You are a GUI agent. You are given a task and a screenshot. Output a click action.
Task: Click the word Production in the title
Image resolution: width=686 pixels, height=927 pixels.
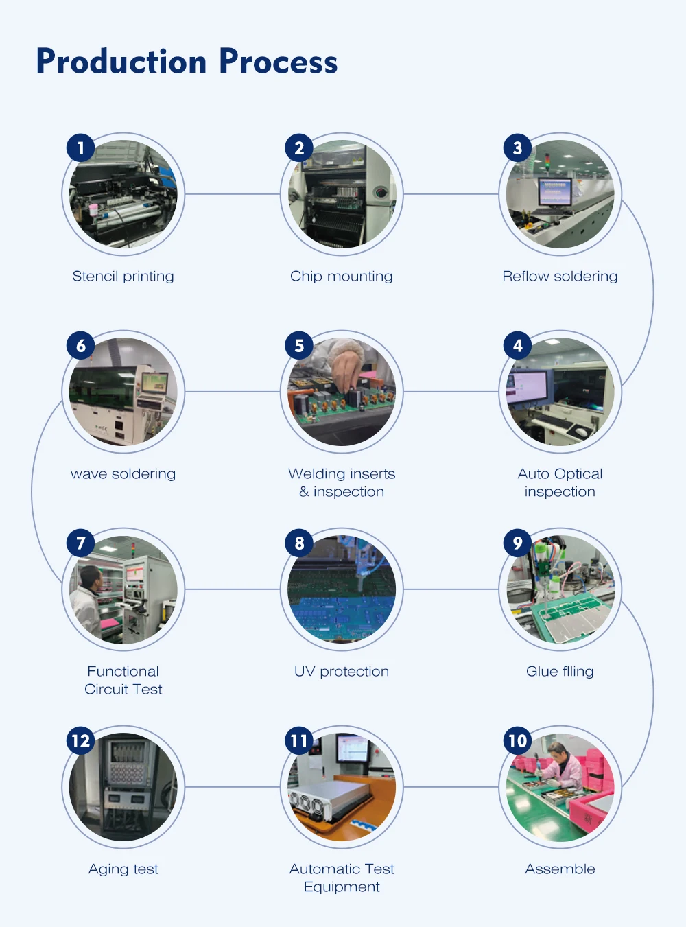121,62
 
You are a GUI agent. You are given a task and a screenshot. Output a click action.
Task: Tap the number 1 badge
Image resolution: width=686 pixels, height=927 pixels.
80,148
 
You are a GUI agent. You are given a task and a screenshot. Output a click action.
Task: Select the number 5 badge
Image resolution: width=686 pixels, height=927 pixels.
299,345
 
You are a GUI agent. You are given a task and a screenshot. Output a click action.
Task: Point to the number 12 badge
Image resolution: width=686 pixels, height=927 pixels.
80,740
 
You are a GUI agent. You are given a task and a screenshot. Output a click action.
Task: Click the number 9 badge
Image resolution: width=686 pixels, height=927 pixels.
517,543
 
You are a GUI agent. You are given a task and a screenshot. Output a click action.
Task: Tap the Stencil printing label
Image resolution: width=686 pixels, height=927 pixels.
123,276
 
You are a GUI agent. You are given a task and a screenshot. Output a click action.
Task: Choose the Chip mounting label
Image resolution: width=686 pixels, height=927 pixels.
342,276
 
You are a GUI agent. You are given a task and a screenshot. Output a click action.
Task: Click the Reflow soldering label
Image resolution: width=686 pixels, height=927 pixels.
560,276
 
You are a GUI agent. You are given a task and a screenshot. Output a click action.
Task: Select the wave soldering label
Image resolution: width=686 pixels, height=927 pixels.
123,473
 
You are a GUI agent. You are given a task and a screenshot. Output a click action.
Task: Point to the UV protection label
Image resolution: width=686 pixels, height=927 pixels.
342,671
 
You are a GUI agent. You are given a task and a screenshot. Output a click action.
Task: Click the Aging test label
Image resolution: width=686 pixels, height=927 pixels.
123,869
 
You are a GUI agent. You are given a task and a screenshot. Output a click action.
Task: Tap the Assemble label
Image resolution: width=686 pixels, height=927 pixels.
560,869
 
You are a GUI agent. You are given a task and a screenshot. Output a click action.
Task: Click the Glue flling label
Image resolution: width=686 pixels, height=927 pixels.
560,671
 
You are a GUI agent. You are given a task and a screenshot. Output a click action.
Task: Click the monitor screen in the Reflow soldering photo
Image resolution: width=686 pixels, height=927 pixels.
555,191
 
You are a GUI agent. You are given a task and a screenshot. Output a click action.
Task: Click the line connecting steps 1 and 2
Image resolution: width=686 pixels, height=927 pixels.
232,194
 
